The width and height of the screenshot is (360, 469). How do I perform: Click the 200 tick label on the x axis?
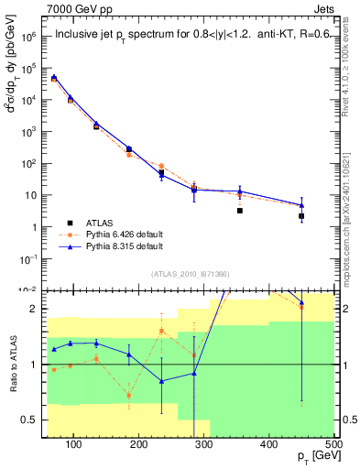click(x=138, y=445)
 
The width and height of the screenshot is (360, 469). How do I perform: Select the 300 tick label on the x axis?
click(x=203, y=445)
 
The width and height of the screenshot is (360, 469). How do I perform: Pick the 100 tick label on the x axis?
click(x=74, y=445)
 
